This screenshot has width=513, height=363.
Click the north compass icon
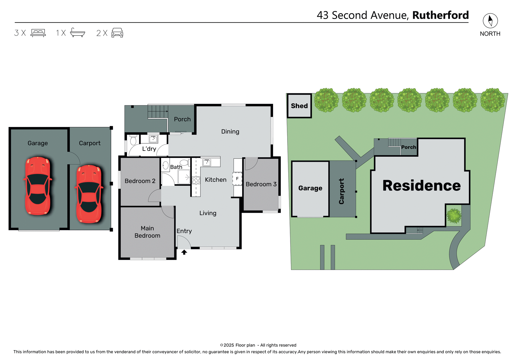(x=490, y=21)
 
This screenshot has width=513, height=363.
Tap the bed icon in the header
(x=38, y=33)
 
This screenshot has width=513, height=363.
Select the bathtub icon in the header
(x=77, y=33)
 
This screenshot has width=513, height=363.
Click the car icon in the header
(x=117, y=33)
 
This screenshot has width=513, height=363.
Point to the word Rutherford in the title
(x=440, y=15)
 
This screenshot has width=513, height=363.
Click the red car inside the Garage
(x=38, y=186)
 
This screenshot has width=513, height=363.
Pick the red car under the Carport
(x=89, y=194)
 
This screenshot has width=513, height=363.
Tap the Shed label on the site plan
(x=299, y=106)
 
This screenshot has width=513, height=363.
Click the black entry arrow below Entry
(x=184, y=252)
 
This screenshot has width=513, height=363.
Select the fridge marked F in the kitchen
(x=237, y=179)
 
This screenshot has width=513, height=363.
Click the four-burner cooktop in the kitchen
(x=196, y=180)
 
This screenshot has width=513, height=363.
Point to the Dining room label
(x=230, y=132)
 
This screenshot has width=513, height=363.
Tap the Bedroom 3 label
(x=261, y=184)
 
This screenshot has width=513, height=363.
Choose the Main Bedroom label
(x=147, y=232)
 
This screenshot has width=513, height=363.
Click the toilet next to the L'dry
(x=133, y=140)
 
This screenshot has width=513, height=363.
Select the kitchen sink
(x=207, y=162)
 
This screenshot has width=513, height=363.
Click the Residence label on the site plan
(x=421, y=186)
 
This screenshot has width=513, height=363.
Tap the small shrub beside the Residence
(x=454, y=216)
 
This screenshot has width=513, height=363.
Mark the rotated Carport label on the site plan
(x=341, y=191)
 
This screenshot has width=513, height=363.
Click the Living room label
(x=208, y=213)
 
